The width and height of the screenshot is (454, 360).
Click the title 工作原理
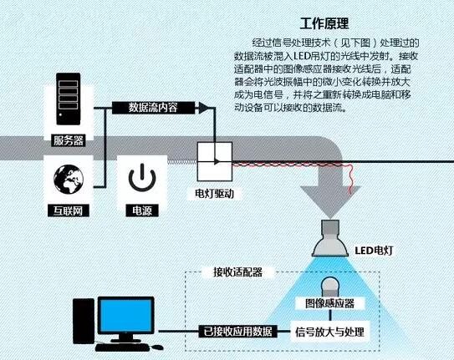(324, 23)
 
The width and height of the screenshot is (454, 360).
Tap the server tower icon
(69, 99)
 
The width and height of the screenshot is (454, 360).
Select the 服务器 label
(69, 140)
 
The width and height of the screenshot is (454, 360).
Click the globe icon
(69, 180)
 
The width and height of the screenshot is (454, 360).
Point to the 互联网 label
(69, 210)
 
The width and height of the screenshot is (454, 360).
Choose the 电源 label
(142, 210)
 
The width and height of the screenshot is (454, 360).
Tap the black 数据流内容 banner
(154, 108)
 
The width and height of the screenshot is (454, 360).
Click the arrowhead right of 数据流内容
(204, 108)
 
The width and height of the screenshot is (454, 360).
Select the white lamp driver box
(215, 161)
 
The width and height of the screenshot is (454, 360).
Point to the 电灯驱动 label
(215, 194)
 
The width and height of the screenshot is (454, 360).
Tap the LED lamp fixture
(330, 239)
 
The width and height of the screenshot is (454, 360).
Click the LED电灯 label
(374, 251)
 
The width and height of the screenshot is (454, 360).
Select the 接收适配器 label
(237, 272)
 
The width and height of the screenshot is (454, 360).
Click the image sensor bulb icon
(330, 286)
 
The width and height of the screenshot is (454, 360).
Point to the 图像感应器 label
(329, 303)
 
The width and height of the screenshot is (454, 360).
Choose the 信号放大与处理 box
(329, 332)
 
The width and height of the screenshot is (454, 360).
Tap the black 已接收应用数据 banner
(237, 332)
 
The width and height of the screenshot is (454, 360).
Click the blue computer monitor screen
(126, 316)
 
